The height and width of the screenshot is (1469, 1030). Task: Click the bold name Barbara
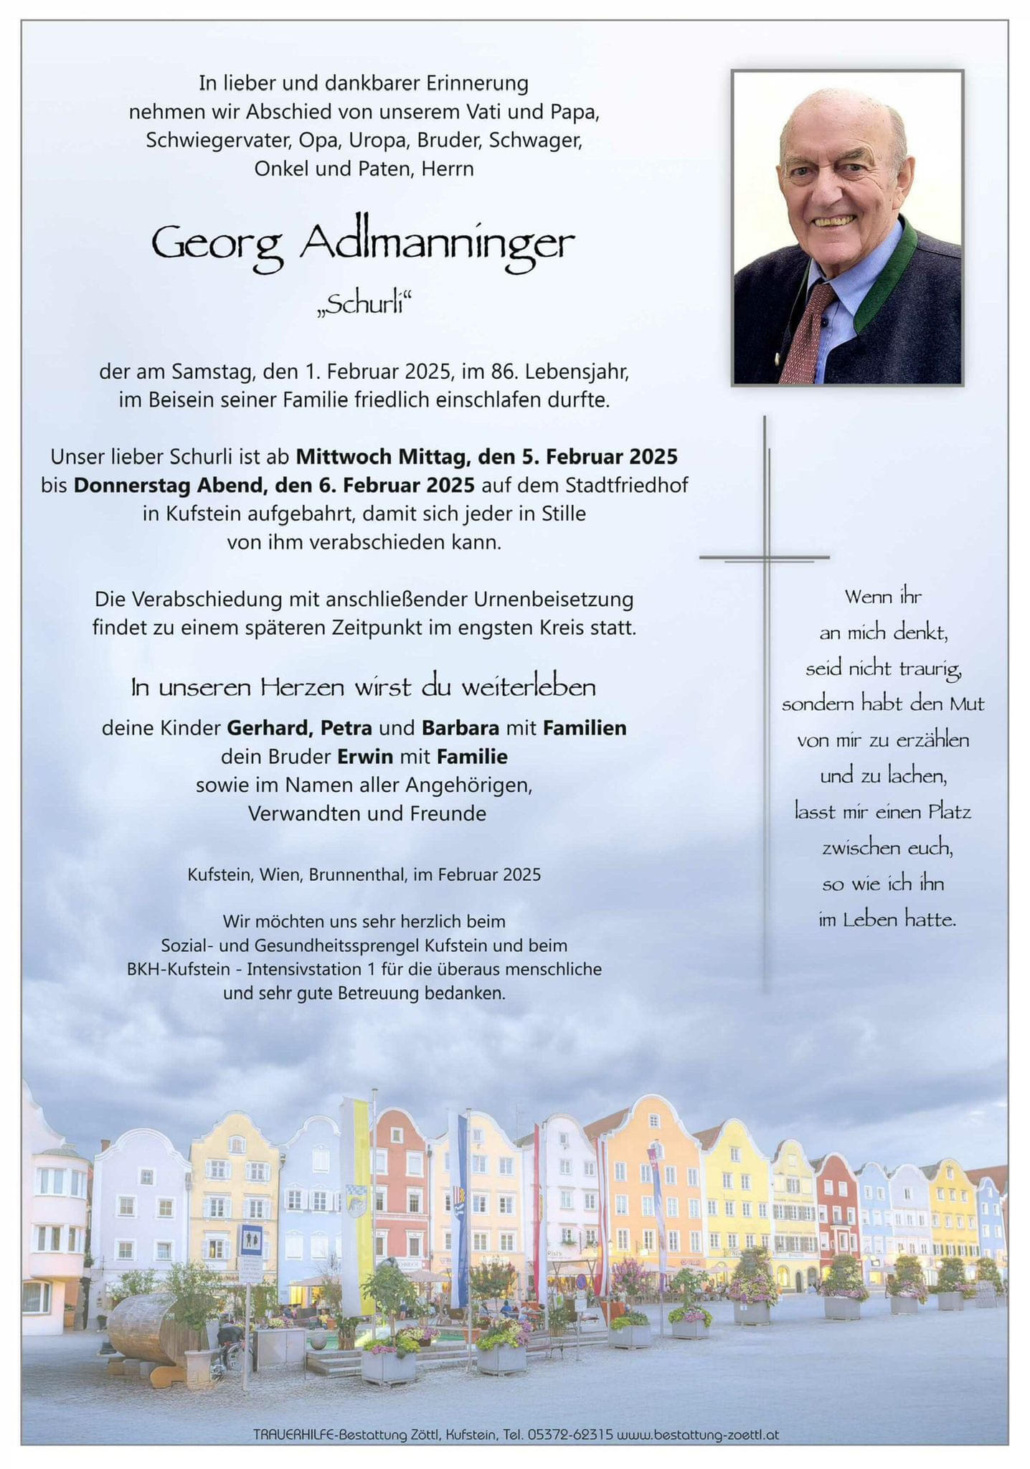460,728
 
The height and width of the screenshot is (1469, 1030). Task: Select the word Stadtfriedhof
626,486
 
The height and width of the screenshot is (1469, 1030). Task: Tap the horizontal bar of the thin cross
764,557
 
